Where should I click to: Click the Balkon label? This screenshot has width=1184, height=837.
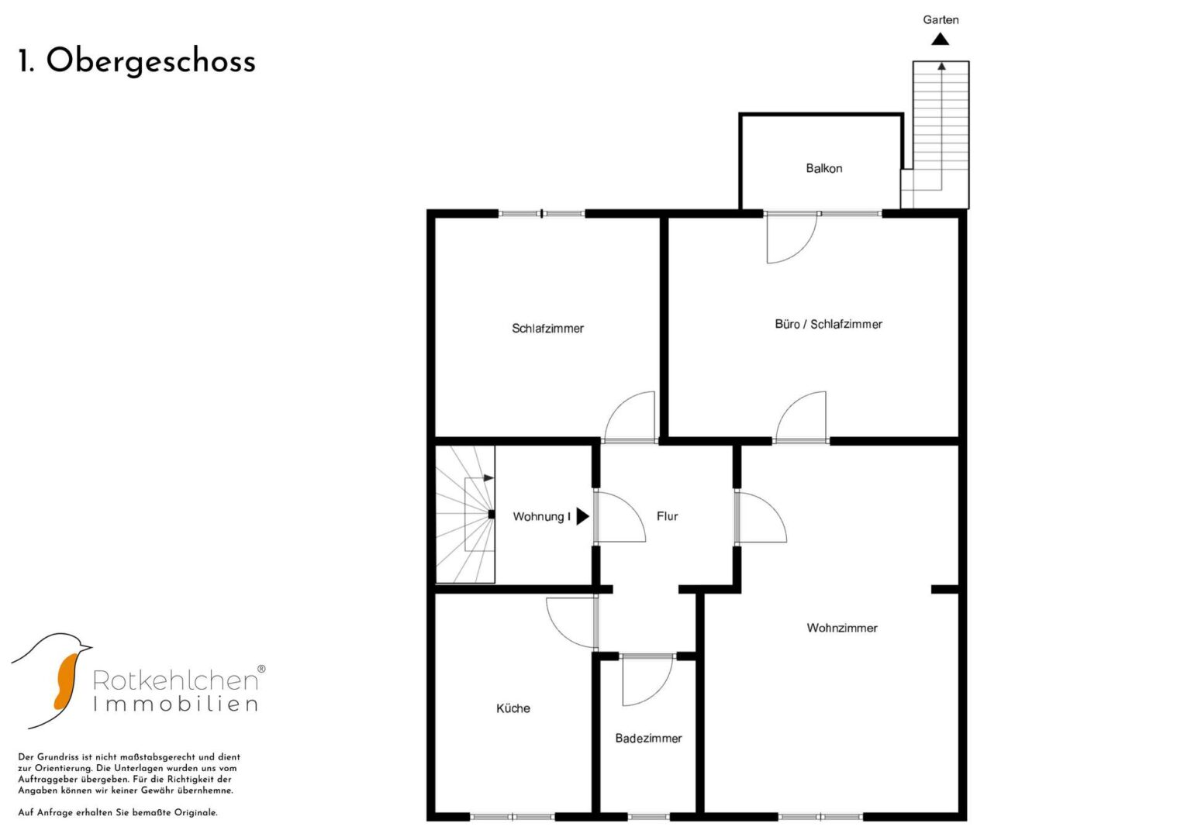[824, 169]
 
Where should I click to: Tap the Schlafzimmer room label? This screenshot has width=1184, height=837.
[547, 329]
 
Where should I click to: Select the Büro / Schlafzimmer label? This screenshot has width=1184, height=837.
[828, 325]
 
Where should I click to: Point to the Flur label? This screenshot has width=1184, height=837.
[667, 516]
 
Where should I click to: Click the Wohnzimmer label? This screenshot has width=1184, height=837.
[842, 629]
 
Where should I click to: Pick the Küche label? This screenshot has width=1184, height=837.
[513, 708]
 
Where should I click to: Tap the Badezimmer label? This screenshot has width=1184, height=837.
[648, 739]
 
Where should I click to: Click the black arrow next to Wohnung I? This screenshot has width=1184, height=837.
[582, 516]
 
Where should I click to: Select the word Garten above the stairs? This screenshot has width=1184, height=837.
[941, 20]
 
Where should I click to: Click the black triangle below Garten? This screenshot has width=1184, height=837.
[940, 39]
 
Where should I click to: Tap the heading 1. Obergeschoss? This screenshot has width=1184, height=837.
[137, 62]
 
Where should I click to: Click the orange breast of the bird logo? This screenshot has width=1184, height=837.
[65, 681]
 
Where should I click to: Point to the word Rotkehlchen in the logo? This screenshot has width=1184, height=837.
[175, 680]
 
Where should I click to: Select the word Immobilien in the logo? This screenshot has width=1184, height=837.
[175, 704]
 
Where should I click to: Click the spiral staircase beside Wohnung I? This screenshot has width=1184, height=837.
[464, 514]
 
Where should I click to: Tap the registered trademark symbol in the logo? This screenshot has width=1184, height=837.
[261, 669]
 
